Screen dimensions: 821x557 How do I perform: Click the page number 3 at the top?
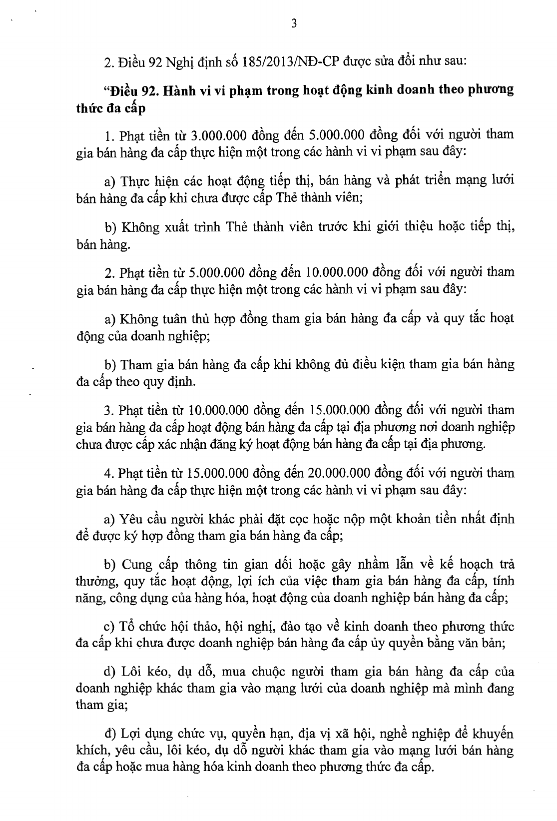(x=294, y=23)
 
